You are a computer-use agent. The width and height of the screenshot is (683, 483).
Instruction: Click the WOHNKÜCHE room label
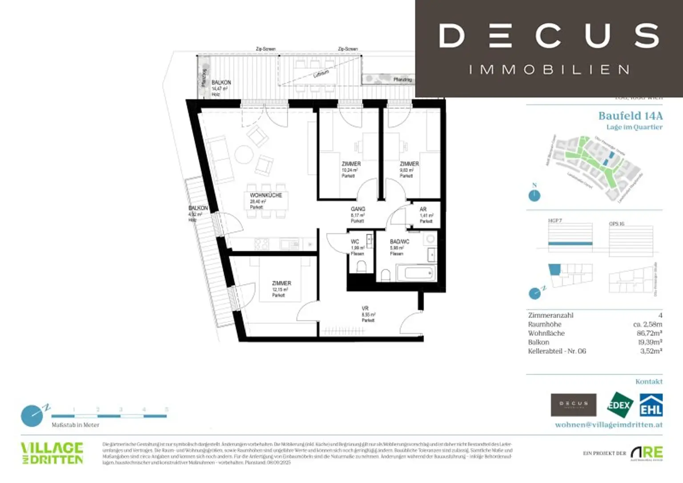[266, 196]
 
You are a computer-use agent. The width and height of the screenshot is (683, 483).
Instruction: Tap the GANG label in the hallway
[358, 209]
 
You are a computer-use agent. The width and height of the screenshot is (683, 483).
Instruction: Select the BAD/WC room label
[399, 242]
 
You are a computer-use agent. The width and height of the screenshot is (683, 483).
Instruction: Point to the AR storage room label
[423, 209]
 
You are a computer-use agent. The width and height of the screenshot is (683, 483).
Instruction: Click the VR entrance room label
[365, 308]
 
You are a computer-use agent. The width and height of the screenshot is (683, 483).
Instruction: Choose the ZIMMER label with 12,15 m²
[281, 283]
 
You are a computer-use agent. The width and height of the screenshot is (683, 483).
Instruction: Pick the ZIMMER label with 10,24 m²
[351, 164]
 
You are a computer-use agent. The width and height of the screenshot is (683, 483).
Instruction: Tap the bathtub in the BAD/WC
[414, 273]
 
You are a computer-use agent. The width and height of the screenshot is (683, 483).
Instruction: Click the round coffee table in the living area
[244, 155]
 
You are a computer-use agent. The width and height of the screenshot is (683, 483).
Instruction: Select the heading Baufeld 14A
[630, 116]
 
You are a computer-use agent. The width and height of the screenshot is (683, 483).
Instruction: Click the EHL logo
[651, 405]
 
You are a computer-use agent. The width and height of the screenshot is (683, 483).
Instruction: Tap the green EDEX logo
[620, 405]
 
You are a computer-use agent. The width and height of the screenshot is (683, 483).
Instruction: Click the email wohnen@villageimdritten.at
[608, 425]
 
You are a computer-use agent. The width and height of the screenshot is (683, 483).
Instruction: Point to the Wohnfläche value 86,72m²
[649, 333]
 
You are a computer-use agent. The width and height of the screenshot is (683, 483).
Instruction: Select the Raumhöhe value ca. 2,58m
[647, 324]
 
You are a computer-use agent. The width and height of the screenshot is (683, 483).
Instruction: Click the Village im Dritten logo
[52, 453]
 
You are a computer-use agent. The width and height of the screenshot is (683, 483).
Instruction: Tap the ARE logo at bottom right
[647, 453]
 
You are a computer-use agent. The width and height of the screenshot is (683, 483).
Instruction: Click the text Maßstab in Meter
[76, 425]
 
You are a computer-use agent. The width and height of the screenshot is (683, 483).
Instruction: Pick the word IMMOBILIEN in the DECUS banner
[549, 70]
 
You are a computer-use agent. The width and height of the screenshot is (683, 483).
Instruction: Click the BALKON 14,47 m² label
[221, 83]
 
